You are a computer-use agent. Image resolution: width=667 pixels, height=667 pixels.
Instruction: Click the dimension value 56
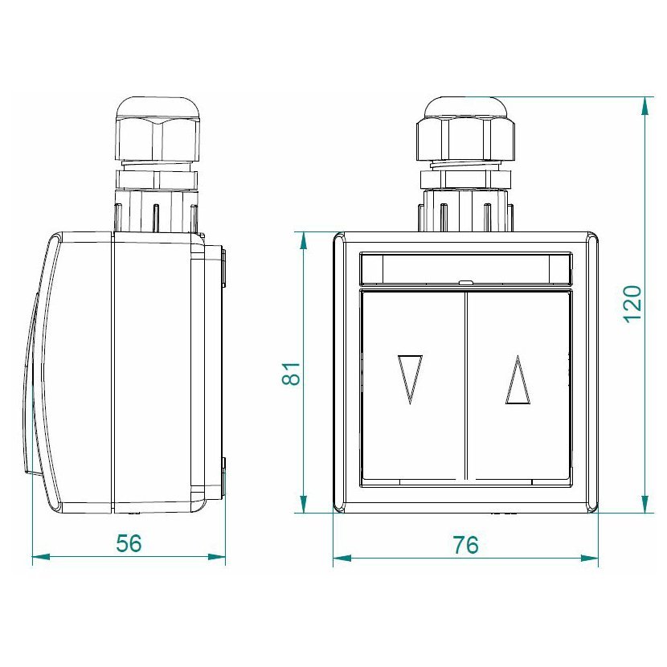(x=129, y=543)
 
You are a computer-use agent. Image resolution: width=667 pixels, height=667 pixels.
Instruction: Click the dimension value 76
(x=465, y=545)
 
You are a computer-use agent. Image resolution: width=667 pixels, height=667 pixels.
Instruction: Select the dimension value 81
(x=292, y=374)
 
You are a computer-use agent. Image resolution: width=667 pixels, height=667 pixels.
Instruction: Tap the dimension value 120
(x=632, y=304)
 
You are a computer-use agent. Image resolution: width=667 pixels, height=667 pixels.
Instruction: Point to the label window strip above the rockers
(x=466, y=268)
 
